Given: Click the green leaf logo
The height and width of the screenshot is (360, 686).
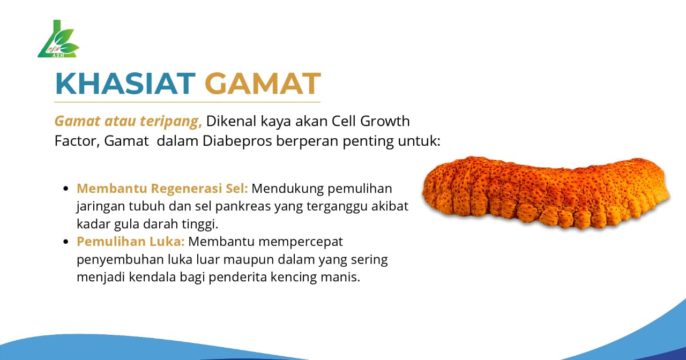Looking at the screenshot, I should (58, 41).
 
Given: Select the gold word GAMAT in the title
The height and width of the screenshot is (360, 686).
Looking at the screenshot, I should (263, 83).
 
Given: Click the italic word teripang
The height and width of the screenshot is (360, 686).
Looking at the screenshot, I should (170, 122).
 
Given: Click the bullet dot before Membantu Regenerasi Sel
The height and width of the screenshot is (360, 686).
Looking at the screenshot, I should (66, 189).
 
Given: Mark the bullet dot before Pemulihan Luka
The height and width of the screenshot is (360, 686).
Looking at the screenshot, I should (66, 242).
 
